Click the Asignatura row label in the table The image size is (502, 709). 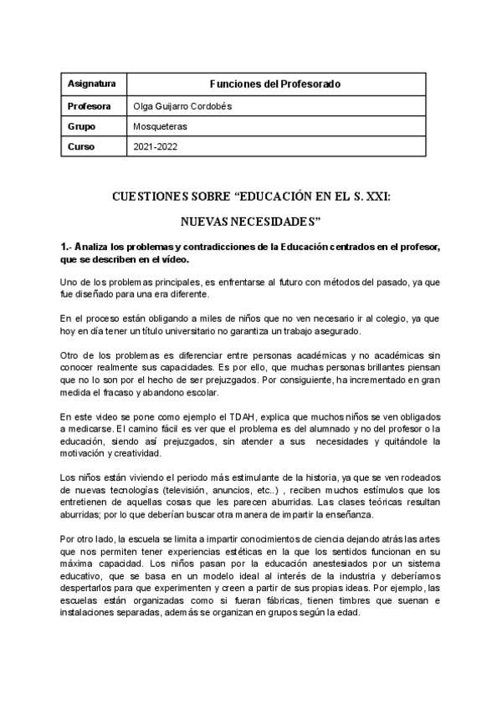pos(91,84)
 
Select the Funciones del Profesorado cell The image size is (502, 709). pos(274,84)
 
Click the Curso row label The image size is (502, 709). pos(81,146)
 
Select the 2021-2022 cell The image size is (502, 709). pos(156,146)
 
